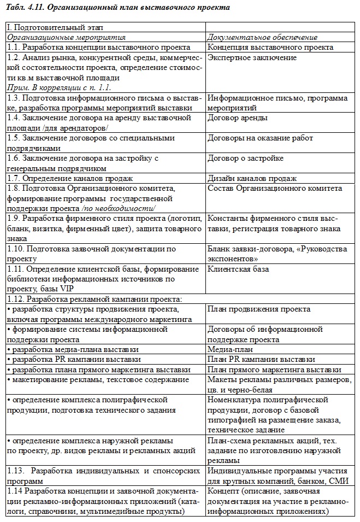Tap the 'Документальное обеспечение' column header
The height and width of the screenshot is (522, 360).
pos(262,37)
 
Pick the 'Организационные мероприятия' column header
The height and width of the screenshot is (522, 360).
pos(66,37)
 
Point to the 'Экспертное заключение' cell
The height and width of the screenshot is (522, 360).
pos(252,58)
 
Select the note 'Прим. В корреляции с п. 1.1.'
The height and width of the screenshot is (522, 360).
pos(60,87)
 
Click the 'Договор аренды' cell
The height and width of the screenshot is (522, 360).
pos(238,118)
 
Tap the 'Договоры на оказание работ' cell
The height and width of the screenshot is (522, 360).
pos(260,138)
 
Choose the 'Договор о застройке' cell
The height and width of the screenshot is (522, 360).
pos(245,159)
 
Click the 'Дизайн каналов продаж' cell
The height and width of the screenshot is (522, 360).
pos(252,178)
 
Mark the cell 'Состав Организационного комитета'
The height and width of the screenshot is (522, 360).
pos(275,189)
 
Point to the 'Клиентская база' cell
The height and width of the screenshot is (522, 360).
pos(238,269)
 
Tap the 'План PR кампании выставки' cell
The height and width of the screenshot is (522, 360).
pos(261,359)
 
